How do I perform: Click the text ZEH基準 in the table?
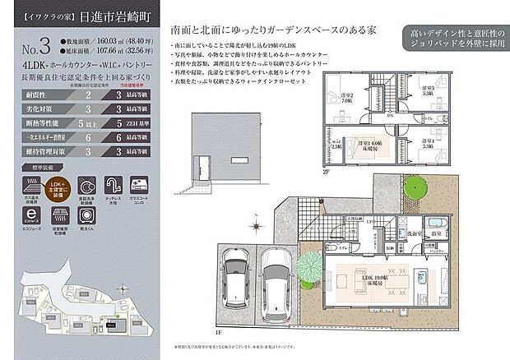tap(143, 124)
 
